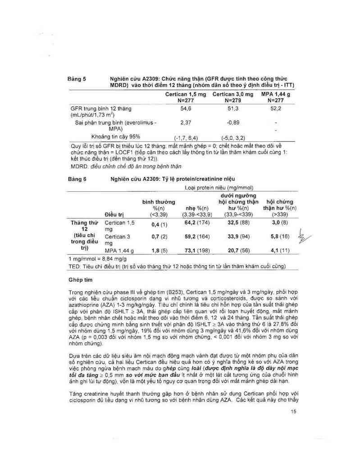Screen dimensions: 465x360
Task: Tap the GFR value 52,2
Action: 276,109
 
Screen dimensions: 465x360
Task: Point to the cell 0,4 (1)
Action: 159,224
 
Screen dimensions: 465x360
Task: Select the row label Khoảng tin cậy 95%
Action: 116,136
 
